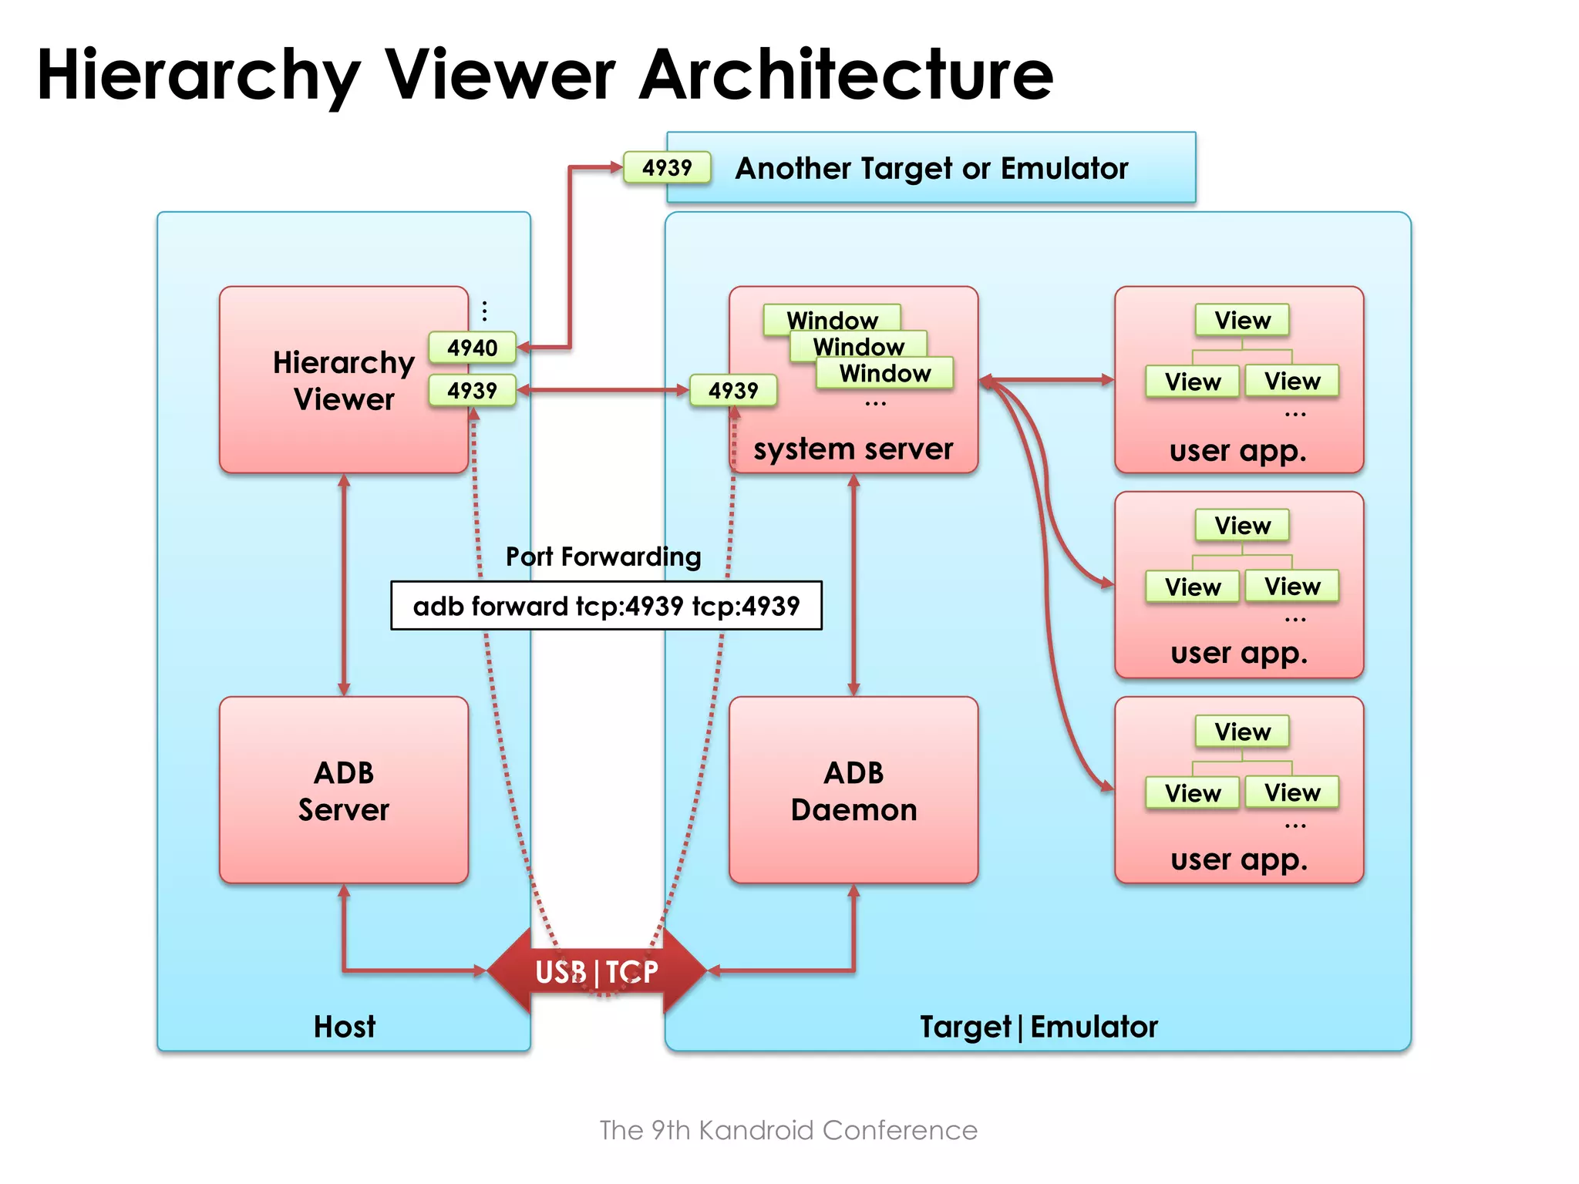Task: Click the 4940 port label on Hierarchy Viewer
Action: (x=472, y=348)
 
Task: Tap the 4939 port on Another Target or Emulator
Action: (x=667, y=167)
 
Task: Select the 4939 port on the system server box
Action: (x=732, y=390)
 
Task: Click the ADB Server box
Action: (x=344, y=790)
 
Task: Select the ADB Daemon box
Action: (x=853, y=790)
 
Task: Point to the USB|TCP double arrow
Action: (x=597, y=971)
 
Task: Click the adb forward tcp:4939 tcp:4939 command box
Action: (x=606, y=606)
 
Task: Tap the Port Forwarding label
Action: (x=603, y=557)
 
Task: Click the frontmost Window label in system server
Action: (x=884, y=373)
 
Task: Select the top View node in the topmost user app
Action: (x=1242, y=320)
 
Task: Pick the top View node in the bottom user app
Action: (x=1242, y=732)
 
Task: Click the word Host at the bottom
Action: (x=344, y=1027)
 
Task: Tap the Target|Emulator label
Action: (x=1039, y=1027)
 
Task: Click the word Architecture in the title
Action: (x=846, y=75)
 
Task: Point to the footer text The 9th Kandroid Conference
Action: (x=788, y=1130)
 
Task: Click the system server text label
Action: (x=853, y=449)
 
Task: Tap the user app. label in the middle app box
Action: (x=1239, y=654)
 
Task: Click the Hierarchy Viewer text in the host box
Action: (x=344, y=381)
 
